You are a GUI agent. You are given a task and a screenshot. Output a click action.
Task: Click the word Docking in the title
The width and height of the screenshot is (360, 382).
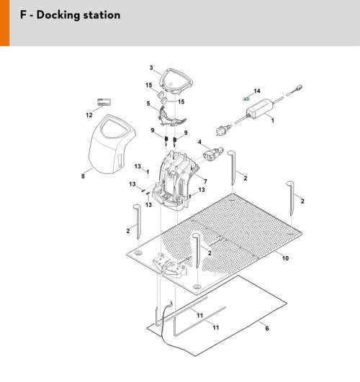[x=58, y=15]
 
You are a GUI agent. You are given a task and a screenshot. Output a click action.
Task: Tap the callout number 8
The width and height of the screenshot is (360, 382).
[x=83, y=176]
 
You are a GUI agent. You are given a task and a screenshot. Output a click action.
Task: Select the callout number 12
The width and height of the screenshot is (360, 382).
[x=89, y=115]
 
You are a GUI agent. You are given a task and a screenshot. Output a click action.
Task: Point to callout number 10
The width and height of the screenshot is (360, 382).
[x=285, y=258]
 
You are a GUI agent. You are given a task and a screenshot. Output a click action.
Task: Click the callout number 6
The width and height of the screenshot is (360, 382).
[x=267, y=328]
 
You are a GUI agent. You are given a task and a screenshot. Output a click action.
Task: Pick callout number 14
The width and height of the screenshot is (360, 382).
[x=257, y=91]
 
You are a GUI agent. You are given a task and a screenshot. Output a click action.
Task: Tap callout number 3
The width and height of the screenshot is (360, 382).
[x=151, y=68]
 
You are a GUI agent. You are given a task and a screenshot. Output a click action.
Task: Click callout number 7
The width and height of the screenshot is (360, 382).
[x=205, y=181]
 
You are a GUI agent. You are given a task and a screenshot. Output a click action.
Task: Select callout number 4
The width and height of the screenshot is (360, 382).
[x=199, y=142]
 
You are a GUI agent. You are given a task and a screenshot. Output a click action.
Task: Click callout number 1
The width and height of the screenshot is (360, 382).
[x=272, y=120]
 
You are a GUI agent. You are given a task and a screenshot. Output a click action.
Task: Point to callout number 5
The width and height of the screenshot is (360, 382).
[x=148, y=104]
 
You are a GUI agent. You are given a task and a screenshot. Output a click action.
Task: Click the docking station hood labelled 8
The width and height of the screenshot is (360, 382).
[x=112, y=145]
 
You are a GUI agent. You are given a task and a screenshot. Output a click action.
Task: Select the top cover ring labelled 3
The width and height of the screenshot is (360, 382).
[x=176, y=81]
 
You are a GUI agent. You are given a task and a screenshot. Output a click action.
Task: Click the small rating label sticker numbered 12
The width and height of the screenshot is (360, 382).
[x=104, y=102]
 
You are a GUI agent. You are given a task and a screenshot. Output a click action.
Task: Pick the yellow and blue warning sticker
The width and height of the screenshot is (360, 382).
[x=246, y=99]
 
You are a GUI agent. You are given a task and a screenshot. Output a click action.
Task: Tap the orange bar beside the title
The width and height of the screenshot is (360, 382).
[x=4, y=23]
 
